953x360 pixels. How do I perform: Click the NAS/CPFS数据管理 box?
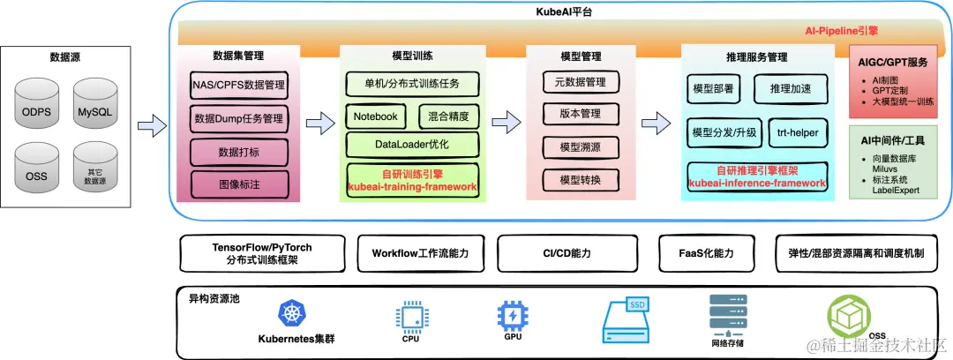pos(238,86)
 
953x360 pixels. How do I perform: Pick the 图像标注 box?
pos(238,185)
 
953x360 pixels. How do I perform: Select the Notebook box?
pos(376,116)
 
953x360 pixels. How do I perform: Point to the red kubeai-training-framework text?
pos(412,187)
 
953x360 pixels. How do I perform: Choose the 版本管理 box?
pos(580,114)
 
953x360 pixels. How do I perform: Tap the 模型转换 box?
pos(580,180)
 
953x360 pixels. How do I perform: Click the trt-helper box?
pos(798,132)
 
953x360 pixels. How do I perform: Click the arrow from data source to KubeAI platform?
pos(153,126)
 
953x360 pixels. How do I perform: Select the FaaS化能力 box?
pos(709,253)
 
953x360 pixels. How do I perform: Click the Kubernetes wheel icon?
pos(291,312)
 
